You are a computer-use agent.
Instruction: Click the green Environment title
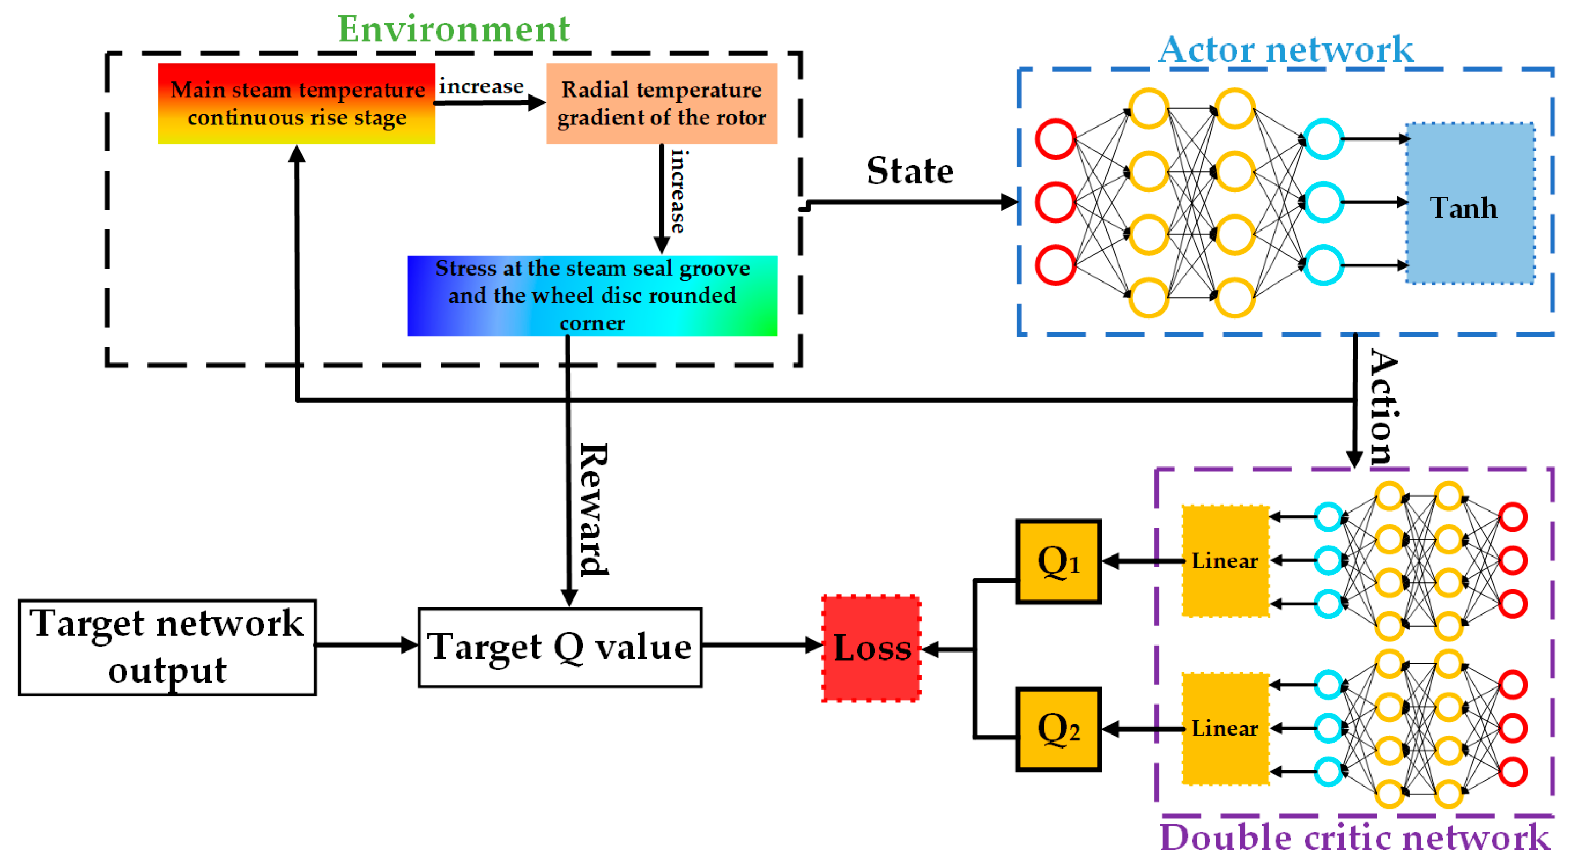click(x=454, y=28)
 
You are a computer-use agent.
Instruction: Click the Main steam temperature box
click(x=297, y=103)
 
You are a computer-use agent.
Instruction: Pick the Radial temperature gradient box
click(x=661, y=103)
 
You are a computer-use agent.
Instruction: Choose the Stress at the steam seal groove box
click(x=592, y=296)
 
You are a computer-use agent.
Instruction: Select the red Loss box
click(x=871, y=648)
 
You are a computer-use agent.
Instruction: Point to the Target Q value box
click(x=560, y=648)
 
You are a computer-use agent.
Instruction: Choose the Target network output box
click(x=167, y=648)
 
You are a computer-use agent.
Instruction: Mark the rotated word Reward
click(x=594, y=509)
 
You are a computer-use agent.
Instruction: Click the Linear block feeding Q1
click(x=1225, y=561)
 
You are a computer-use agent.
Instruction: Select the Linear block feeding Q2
click(x=1225, y=729)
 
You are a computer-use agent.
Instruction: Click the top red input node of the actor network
click(x=1055, y=139)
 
